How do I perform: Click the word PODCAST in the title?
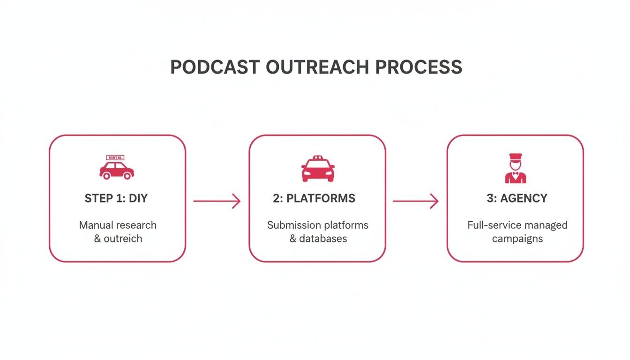[215, 67]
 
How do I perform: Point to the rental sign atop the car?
[115, 158]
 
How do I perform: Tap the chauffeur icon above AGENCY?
[515, 168]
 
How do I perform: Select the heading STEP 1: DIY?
[116, 198]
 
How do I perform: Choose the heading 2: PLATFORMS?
[314, 198]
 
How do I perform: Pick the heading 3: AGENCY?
[517, 198]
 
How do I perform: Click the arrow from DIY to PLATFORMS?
[217, 201]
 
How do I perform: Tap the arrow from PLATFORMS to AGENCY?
[415, 201]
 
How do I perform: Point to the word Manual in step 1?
[96, 225]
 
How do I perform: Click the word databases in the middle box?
[323, 239]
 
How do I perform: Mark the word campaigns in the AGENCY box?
[517, 239]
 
